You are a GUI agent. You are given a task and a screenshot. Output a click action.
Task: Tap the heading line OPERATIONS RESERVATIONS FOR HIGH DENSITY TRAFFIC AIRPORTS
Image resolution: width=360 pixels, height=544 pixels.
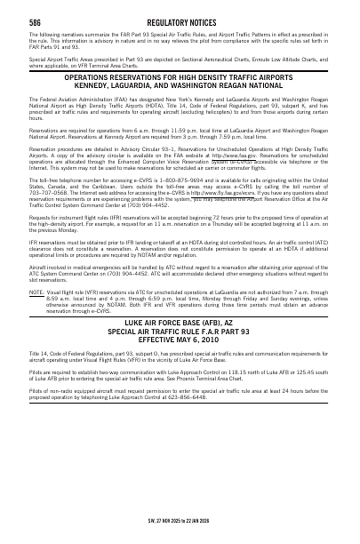click(x=180, y=78)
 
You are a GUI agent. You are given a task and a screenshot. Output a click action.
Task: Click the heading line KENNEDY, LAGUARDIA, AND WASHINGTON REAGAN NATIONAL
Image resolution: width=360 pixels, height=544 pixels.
click(x=180, y=87)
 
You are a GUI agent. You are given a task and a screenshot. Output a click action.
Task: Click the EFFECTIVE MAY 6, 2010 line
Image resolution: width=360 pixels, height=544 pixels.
click(x=180, y=337)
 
